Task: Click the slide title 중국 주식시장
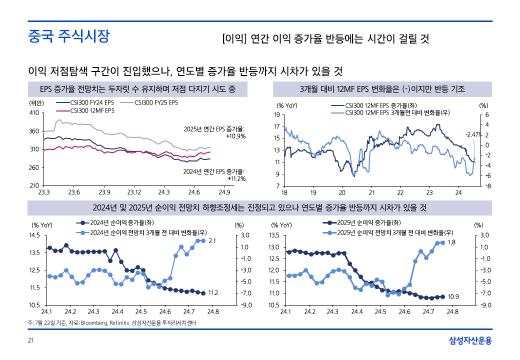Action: (x=68, y=36)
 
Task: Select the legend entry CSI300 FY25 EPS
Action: (x=156, y=102)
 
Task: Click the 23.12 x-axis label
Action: (x=134, y=192)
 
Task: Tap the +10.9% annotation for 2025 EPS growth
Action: (x=235, y=136)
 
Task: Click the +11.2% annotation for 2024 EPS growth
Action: (x=236, y=178)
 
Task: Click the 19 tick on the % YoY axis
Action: (x=276, y=115)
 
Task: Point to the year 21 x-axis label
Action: (x=371, y=192)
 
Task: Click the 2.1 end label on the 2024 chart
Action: (x=211, y=241)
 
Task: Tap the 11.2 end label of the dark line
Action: (x=212, y=292)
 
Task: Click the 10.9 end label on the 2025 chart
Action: (x=453, y=296)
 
